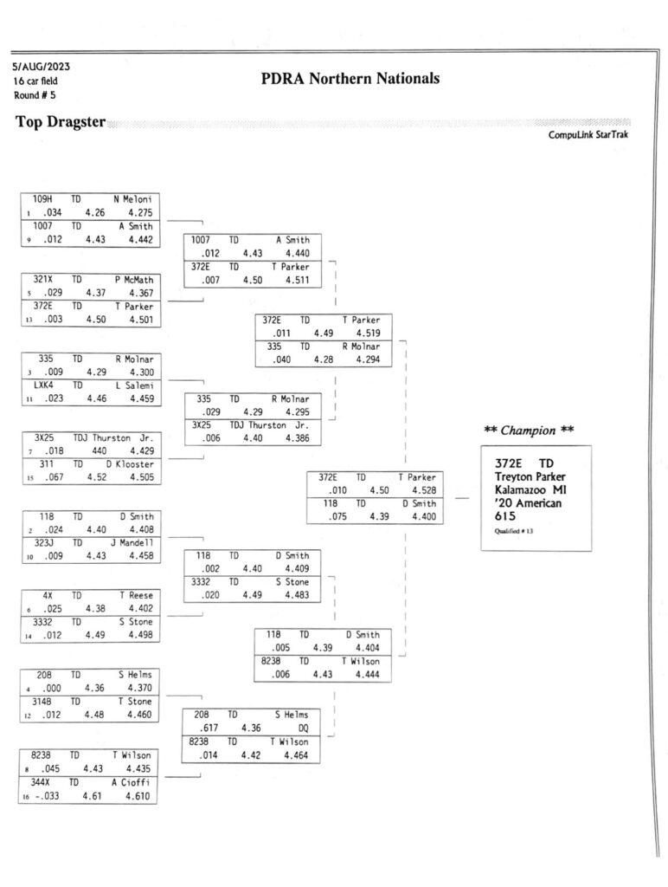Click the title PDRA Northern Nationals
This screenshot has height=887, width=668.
tap(350, 78)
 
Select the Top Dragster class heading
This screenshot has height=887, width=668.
tap(61, 121)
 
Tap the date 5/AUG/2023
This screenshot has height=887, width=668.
tap(42, 67)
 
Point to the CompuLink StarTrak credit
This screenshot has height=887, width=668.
tap(588, 134)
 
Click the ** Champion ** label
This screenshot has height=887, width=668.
tap(529, 431)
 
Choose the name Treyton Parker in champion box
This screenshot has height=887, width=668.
tap(530, 477)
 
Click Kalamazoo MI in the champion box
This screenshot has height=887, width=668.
tap(530, 490)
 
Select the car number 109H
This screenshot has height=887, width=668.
tap(42, 199)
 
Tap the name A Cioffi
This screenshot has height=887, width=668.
tap(131, 782)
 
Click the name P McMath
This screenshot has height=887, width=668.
tap(134, 280)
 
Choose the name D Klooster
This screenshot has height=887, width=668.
tap(130, 464)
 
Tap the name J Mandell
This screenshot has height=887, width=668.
tap(132, 542)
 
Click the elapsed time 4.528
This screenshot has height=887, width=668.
tap(424, 490)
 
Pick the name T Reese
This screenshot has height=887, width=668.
tap(136, 595)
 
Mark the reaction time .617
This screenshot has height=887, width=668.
tap(209, 728)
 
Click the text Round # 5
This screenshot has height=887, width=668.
tap(35, 95)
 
